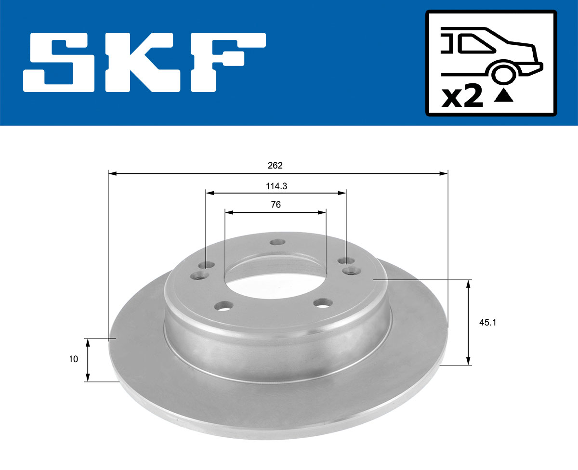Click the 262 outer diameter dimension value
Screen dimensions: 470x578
coord(275,165)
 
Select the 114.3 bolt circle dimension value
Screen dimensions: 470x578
coord(276,185)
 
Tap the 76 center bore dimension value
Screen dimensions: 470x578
coord(276,205)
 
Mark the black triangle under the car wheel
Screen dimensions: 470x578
coord(503,96)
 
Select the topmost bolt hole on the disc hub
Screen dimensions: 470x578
coord(276,242)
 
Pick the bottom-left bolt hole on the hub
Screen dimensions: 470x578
coord(223,306)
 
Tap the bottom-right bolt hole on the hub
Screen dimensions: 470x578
coord(322,303)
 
